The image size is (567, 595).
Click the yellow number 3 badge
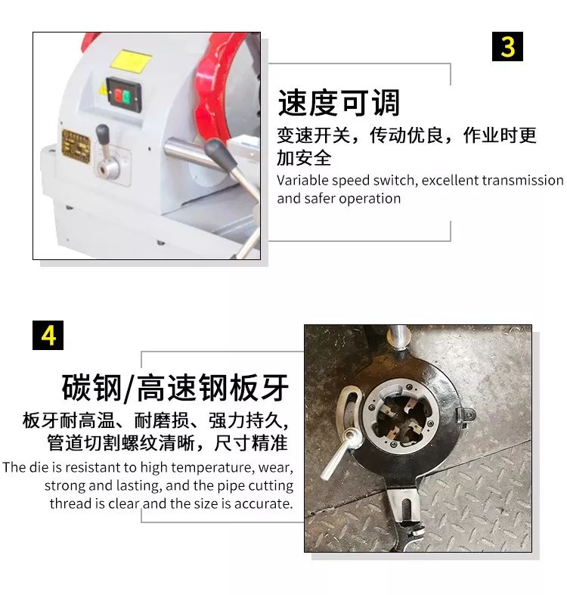tap(507, 47)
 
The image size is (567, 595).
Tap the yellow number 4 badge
tap(48, 335)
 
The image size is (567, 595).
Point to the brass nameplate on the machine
tap(76, 147)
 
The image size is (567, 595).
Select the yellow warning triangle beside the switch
tap(103, 89)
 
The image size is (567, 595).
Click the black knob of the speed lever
tap(105, 137)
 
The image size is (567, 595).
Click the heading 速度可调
tap(339, 103)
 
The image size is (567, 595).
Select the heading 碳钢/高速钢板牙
tap(175, 388)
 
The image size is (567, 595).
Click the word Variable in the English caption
tap(299, 180)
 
